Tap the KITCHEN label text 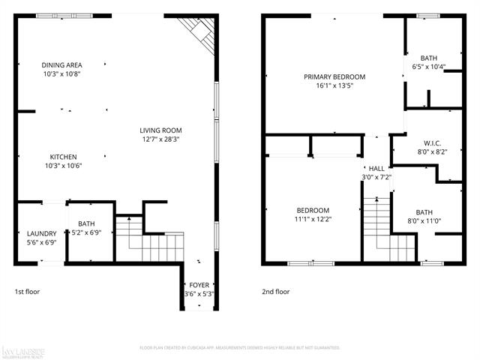pyautogui.click(x=64, y=157)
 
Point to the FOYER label pyautogui.click(x=199, y=285)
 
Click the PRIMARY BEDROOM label pyautogui.click(x=334, y=77)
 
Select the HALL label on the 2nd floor pyautogui.click(x=376, y=169)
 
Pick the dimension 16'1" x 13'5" pyautogui.click(x=334, y=86)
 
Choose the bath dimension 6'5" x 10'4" pyautogui.click(x=429, y=67)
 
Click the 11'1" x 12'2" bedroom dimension pyautogui.click(x=313, y=219)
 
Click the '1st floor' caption pyautogui.click(x=28, y=292)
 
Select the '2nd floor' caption pyautogui.click(x=275, y=292)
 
